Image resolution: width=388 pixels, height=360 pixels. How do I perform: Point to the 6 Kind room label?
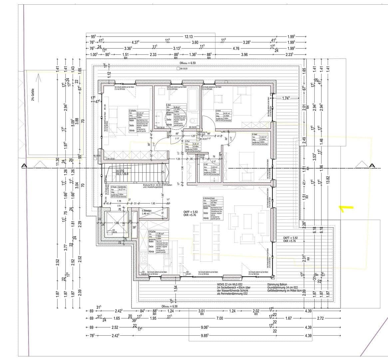(x=218, y=110)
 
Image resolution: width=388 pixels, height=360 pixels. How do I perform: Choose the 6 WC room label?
(x=206, y=164)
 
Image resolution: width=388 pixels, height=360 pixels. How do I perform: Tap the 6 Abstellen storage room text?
(x=147, y=211)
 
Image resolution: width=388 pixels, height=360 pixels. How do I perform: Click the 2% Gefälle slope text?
(x=33, y=95)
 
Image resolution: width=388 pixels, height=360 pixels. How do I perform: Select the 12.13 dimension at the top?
(x=189, y=37)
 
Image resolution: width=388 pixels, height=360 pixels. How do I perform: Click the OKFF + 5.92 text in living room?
(x=190, y=212)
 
